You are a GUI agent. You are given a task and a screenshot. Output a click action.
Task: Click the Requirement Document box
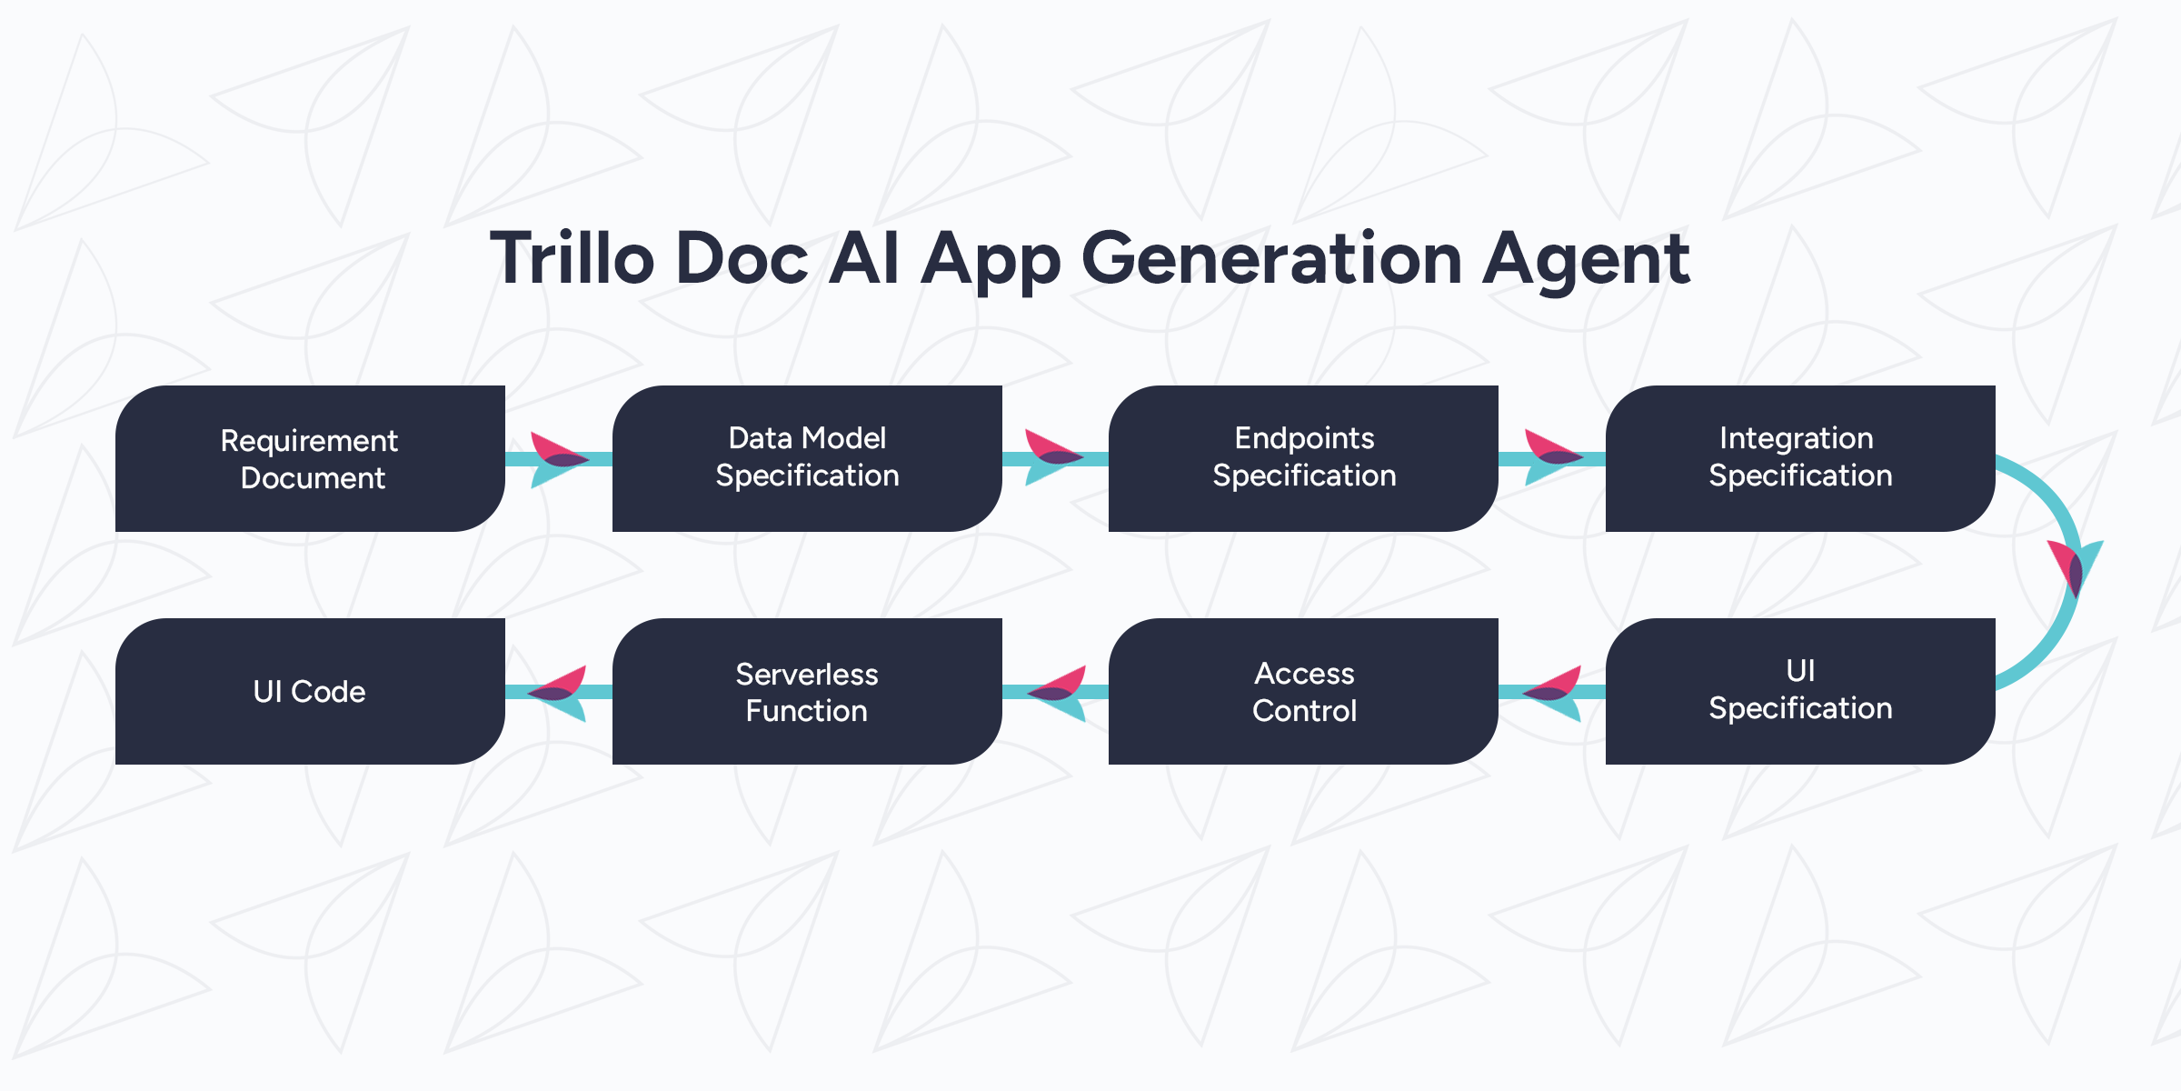(x=310, y=458)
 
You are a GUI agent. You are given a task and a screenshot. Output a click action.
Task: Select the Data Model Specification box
(x=807, y=458)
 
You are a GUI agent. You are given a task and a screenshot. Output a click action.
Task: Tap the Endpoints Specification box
(x=1303, y=458)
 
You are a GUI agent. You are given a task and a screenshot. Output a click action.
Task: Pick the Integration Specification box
(x=1800, y=458)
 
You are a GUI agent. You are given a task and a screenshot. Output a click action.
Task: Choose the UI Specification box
(x=1800, y=691)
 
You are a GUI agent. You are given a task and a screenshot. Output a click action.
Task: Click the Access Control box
(x=1303, y=691)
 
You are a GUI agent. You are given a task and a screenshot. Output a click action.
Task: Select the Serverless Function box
(x=807, y=691)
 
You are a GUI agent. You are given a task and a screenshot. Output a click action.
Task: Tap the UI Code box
(x=310, y=691)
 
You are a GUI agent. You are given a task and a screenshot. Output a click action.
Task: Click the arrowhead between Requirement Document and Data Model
(x=558, y=459)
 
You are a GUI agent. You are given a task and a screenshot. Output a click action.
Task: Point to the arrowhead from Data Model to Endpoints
(x=1053, y=457)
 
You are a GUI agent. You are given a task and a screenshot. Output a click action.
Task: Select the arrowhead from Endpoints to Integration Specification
(x=1552, y=457)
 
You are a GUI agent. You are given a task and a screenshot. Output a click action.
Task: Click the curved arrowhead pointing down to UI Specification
(x=2076, y=568)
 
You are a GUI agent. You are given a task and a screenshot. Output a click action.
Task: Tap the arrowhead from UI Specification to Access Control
(x=1552, y=694)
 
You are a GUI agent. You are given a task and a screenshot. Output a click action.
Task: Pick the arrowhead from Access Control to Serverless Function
(x=1056, y=694)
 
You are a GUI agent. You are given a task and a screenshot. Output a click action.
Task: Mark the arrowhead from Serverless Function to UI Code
(x=557, y=694)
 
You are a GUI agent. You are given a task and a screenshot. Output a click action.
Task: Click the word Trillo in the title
(x=573, y=258)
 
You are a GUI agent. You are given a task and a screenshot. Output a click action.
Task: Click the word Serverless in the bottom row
(x=807, y=674)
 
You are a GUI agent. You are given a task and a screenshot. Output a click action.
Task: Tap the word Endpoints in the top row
(x=1304, y=438)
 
